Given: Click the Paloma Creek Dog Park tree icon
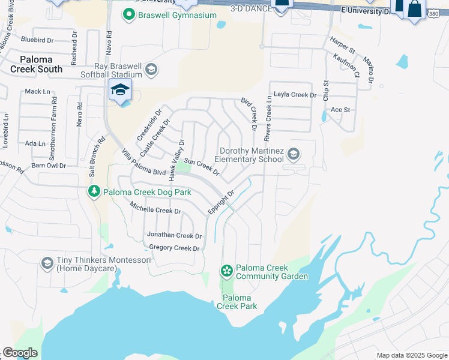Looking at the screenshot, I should click(x=94, y=191).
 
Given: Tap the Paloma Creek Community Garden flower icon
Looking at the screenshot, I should click(x=227, y=271).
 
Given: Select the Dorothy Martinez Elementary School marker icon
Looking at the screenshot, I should click(x=294, y=154).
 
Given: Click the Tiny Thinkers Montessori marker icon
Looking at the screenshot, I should click(x=47, y=263).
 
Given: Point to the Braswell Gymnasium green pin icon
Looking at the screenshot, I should click(x=128, y=14).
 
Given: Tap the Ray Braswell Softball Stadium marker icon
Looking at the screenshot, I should click(x=151, y=70).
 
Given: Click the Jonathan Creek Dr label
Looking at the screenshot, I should click(x=174, y=235).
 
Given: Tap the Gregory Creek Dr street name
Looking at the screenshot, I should click(x=174, y=248).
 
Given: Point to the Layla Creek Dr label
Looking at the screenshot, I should click(x=295, y=95).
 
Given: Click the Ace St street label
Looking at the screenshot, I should click(x=340, y=110).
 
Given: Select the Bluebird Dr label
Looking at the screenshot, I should click(x=37, y=40).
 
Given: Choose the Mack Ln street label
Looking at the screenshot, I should click(x=37, y=91).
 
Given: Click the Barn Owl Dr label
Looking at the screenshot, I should click(x=48, y=165).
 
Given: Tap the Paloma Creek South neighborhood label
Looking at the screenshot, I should click(x=36, y=64).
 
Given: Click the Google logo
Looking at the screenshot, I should click(x=20, y=353).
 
